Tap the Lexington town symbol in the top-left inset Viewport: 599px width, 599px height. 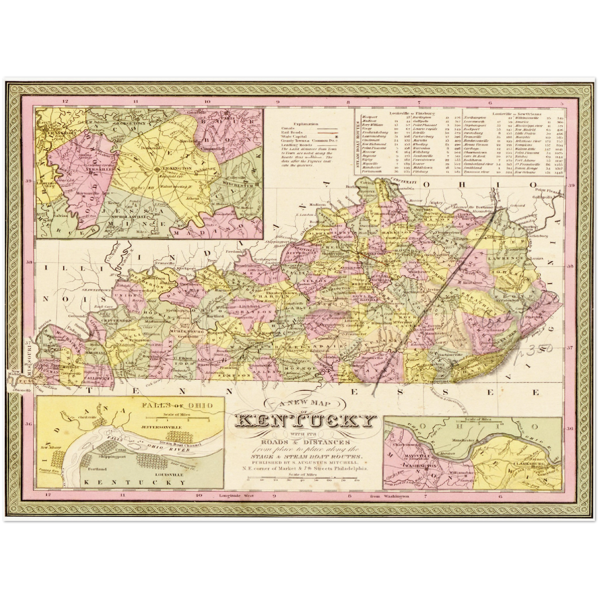pyautogui.click(x=157, y=170)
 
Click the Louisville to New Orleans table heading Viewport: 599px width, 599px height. pyautogui.click(x=511, y=113)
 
